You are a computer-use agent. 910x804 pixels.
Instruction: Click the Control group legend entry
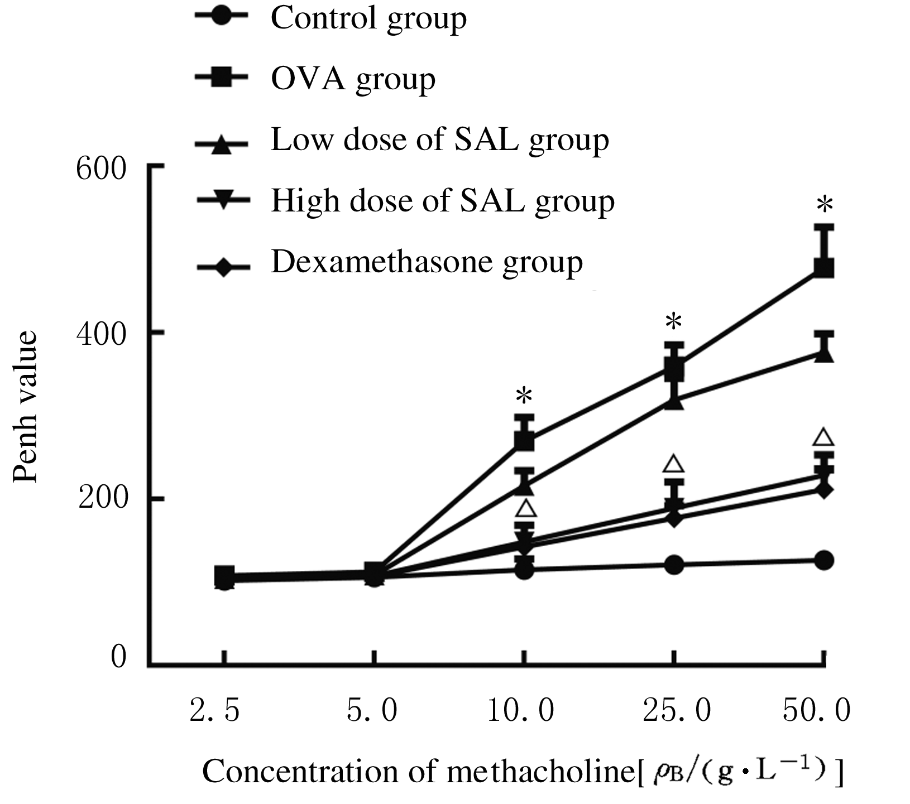(x=368, y=18)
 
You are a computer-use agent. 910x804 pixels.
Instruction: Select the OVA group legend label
(x=353, y=79)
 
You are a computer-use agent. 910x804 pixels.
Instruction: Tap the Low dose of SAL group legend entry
(x=439, y=139)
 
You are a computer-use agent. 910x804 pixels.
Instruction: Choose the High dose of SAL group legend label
(x=442, y=200)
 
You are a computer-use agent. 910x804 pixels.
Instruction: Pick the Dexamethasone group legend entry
(x=427, y=262)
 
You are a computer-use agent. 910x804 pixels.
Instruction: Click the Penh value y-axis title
(x=25, y=407)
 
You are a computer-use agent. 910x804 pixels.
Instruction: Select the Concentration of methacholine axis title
(x=522, y=772)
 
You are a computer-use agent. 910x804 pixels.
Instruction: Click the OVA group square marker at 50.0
(x=824, y=268)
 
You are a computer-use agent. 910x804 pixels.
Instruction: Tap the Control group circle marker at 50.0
(x=824, y=560)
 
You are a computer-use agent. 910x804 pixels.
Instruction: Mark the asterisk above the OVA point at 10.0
(x=524, y=397)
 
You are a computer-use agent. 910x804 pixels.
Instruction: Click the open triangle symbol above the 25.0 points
(x=674, y=464)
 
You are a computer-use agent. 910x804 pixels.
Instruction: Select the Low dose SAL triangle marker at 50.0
(x=824, y=354)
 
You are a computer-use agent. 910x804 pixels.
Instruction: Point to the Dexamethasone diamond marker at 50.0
(x=824, y=490)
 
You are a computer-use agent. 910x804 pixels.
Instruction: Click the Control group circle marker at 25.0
(x=674, y=565)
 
